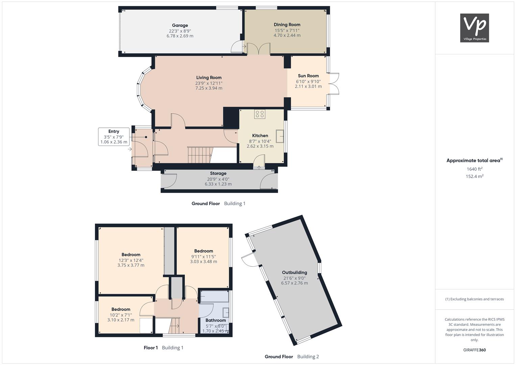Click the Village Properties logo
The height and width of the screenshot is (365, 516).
tap(474, 28)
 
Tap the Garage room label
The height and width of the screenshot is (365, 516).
tap(180, 25)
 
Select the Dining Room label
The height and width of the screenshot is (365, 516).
tap(287, 25)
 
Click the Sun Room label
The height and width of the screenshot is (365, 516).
tap(308, 76)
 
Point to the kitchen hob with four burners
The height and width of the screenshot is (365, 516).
tap(260, 114)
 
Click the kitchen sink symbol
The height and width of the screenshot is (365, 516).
tap(280, 136)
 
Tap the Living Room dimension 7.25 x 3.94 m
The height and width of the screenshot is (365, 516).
tap(209, 88)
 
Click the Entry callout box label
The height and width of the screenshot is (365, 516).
tap(114, 131)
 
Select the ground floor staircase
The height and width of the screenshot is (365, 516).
tap(199, 155)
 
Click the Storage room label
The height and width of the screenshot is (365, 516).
tap(218, 173)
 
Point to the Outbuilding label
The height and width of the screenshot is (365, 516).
tap(294, 272)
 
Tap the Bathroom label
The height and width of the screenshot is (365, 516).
tap(216, 320)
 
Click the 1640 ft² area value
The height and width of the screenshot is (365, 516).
tap(474, 169)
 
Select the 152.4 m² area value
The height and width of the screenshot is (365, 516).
tap(474, 176)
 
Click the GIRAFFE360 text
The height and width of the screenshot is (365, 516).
tap(474, 350)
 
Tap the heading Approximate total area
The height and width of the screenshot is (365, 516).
tap(474, 161)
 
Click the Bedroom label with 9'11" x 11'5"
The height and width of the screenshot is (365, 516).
tap(203, 251)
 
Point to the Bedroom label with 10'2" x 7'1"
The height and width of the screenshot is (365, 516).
tap(121, 309)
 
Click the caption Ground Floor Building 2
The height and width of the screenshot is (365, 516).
tap(292, 357)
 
